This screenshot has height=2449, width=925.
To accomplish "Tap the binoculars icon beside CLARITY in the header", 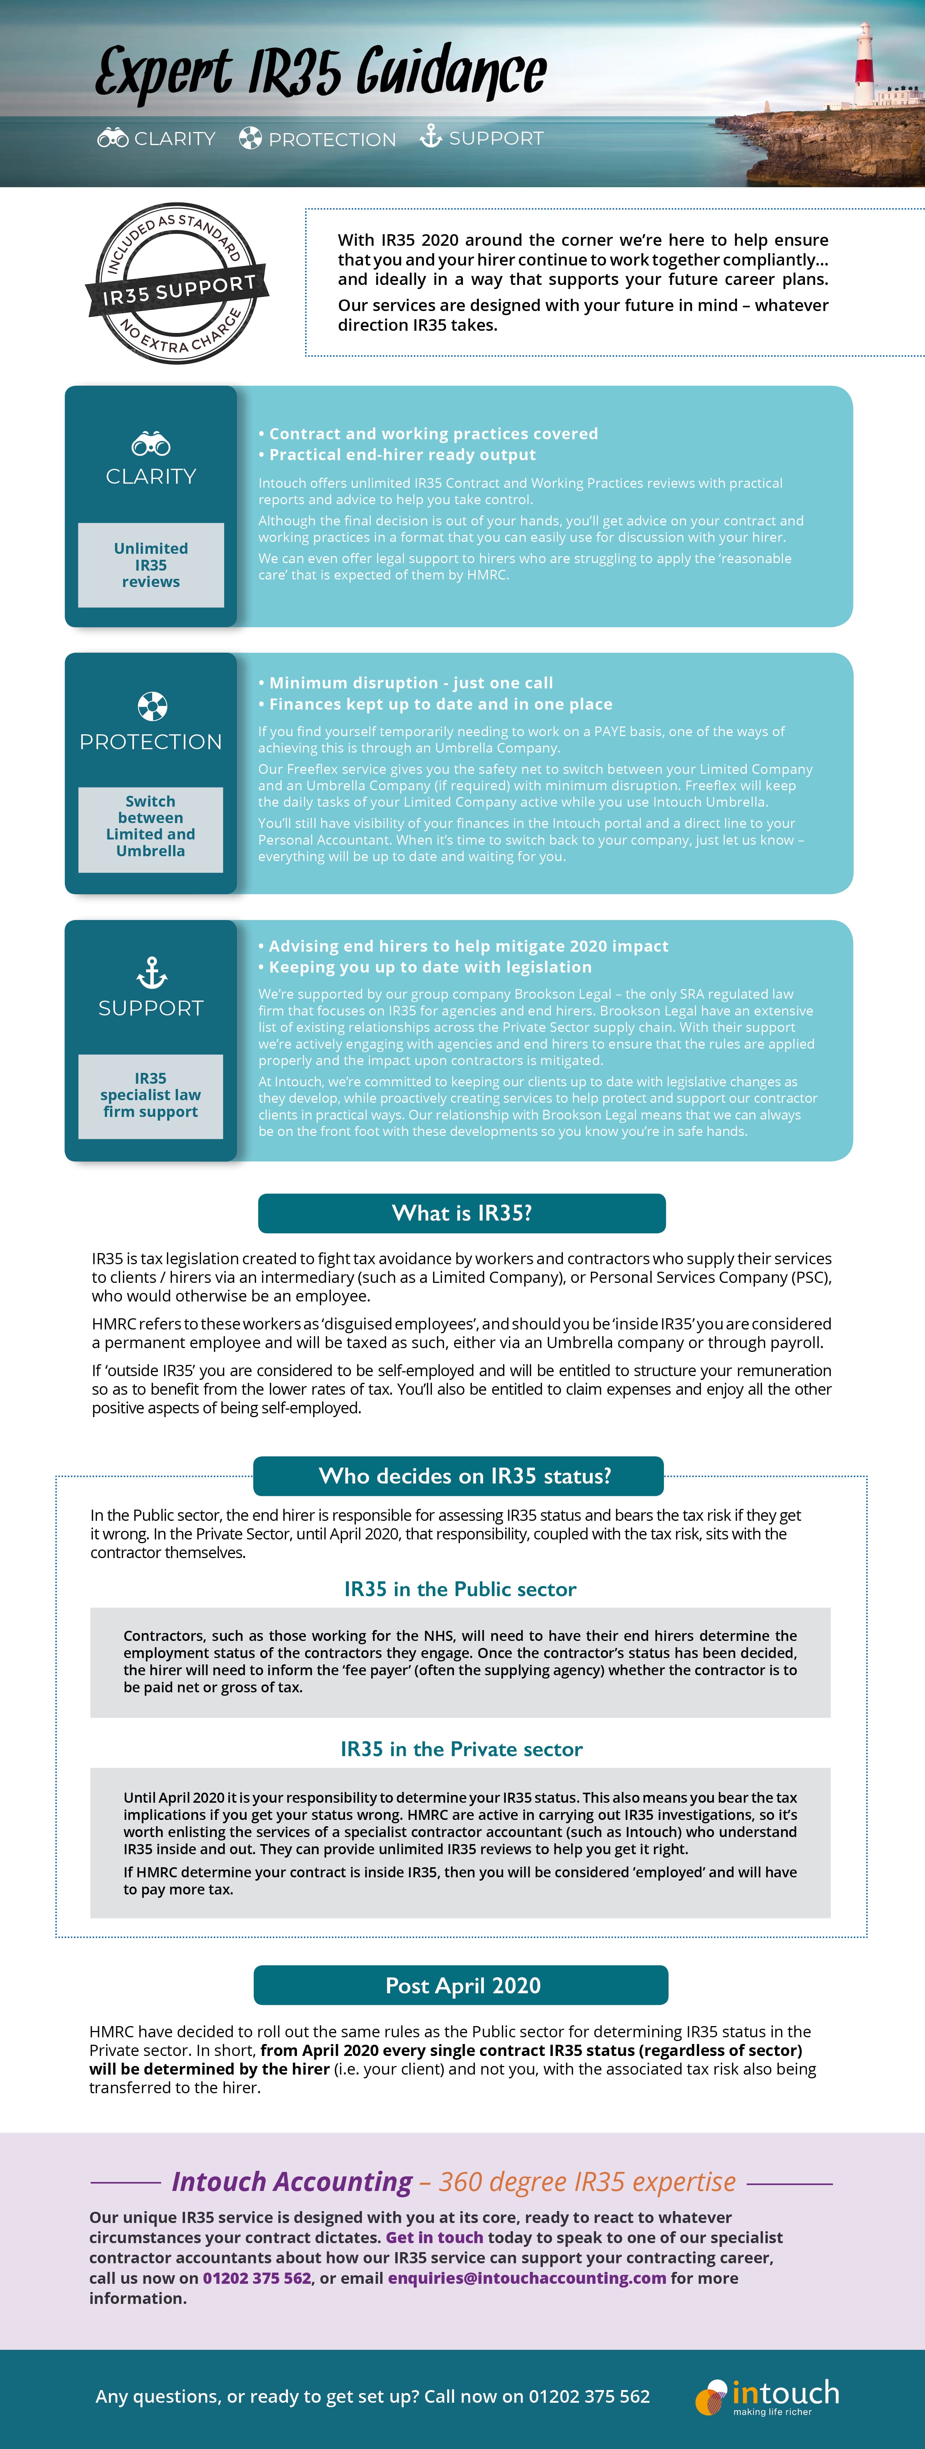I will point(112,139).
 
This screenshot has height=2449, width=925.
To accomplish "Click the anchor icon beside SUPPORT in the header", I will point(431,137).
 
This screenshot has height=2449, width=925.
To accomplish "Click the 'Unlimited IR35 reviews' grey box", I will point(151,565).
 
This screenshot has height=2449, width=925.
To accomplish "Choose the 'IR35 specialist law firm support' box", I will point(151,1095).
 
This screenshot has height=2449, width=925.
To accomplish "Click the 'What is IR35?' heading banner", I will point(462,1213).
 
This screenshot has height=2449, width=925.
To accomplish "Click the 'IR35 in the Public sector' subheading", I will point(460,1589).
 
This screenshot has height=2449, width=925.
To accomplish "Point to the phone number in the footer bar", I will point(589,2396).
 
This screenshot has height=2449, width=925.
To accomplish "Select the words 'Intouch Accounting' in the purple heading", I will point(292,2182).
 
